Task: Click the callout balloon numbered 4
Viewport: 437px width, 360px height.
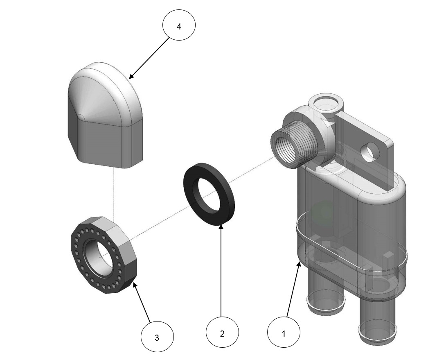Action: [x=179, y=26]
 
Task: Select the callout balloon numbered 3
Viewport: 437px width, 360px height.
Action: [x=157, y=337]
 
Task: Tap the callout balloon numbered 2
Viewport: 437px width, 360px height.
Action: [x=222, y=333]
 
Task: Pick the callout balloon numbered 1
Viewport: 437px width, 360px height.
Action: [x=284, y=333]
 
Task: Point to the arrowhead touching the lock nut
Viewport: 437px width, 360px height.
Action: [x=134, y=283]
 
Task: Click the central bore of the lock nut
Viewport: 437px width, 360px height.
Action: [x=99, y=256]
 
